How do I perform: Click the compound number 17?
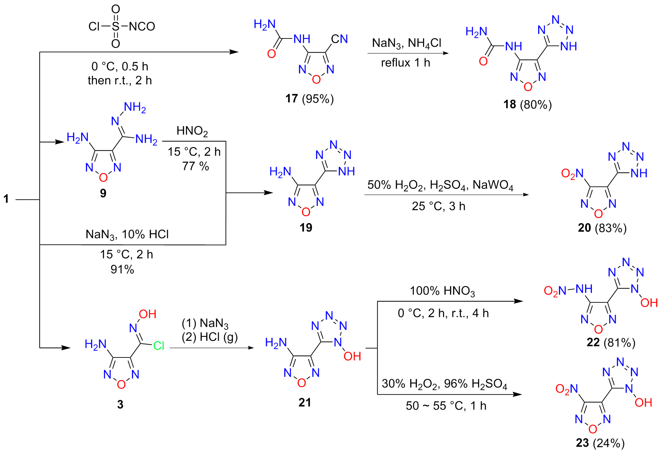(x=292, y=99)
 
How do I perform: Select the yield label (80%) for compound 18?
(x=536, y=105)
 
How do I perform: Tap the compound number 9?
(x=103, y=193)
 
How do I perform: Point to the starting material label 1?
(x=6, y=199)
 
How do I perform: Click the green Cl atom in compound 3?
(x=159, y=346)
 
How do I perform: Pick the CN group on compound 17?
(x=339, y=39)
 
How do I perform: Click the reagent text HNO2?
(x=192, y=131)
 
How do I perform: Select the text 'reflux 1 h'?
(x=406, y=63)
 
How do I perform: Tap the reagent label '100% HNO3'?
(x=442, y=291)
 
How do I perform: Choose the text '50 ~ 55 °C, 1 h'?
(x=446, y=406)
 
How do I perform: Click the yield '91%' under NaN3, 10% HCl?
(x=122, y=269)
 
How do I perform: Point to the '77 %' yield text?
(x=196, y=166)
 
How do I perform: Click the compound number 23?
(x=582, y=443)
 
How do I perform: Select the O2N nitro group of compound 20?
(x=572, y=174)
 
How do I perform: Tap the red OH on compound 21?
(x=352, y=356)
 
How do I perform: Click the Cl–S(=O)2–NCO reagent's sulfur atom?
(x=115, y=26)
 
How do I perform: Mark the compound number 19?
(x=306, y=228)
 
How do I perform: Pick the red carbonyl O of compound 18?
(x=483, y=61)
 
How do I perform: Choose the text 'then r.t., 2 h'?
(x=120, y=80)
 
